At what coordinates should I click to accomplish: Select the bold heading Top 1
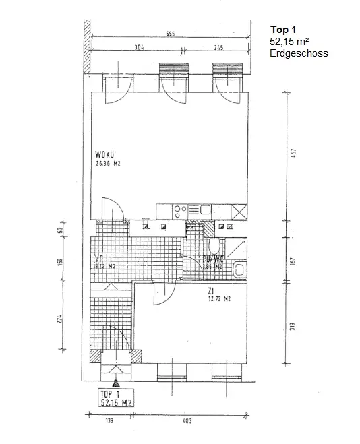pyautogui.click(x=282, y=30)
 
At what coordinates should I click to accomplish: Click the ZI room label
pyautogui.click(x=211, y=292)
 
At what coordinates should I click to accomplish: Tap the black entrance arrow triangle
pyautogui.click(x=116, y=383)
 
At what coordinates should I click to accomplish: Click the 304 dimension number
pyautogui.click(x=139, y=48)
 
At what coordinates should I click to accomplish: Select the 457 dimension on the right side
pyautogui.click(x=294, y=152)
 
